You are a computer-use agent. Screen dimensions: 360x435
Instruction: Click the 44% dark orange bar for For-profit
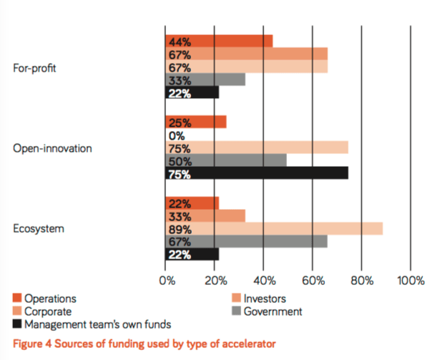pyautogui.click(x=219, y=41)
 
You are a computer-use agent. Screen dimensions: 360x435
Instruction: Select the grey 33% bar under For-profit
pyautogui.click(x=205, y=79)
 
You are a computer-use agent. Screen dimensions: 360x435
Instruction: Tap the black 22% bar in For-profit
pyautogui.click(x=192, y=92)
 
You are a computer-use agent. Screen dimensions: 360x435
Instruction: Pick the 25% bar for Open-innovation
pyautogui.click(x=195, y=122)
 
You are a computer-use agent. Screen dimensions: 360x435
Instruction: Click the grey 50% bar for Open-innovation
pyautogui.click(x=226, y=161)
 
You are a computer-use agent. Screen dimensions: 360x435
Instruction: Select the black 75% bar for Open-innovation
pyautogui.click(x=257, y=174)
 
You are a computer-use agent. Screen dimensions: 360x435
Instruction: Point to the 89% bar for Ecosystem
pyautogui.click(x=274, y=229)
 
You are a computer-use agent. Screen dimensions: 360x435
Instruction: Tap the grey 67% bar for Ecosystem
pyautogui.click(x=247, y=242)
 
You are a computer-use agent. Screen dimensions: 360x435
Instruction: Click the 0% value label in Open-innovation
pyautogui.click(x=175, y=135)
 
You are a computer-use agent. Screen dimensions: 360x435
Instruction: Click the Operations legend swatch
pyautogui.click(x=16, y=298)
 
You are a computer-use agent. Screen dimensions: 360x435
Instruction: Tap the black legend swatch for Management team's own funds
pyautogui.click(x=16, y=324)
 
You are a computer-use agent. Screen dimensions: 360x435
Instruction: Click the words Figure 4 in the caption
pyautogui.click(x=31, y=343)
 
